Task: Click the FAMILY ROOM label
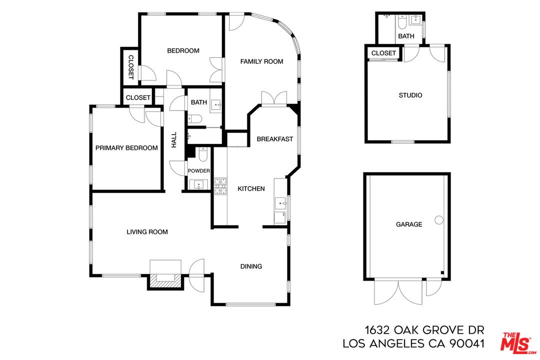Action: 261,61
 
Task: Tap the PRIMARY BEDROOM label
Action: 126,148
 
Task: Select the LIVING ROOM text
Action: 147,232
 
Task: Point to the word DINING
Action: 251,266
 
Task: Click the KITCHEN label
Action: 251,188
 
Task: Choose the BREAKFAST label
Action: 274,139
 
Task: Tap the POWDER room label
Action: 198,171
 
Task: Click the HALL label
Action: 174,139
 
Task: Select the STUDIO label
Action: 410,95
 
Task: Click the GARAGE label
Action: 409,224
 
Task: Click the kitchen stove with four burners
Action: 220,186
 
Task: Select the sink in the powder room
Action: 199,184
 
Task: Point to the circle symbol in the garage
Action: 439,219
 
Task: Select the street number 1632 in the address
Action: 378,330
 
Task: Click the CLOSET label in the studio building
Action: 383,53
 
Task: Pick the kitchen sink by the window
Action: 280,204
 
